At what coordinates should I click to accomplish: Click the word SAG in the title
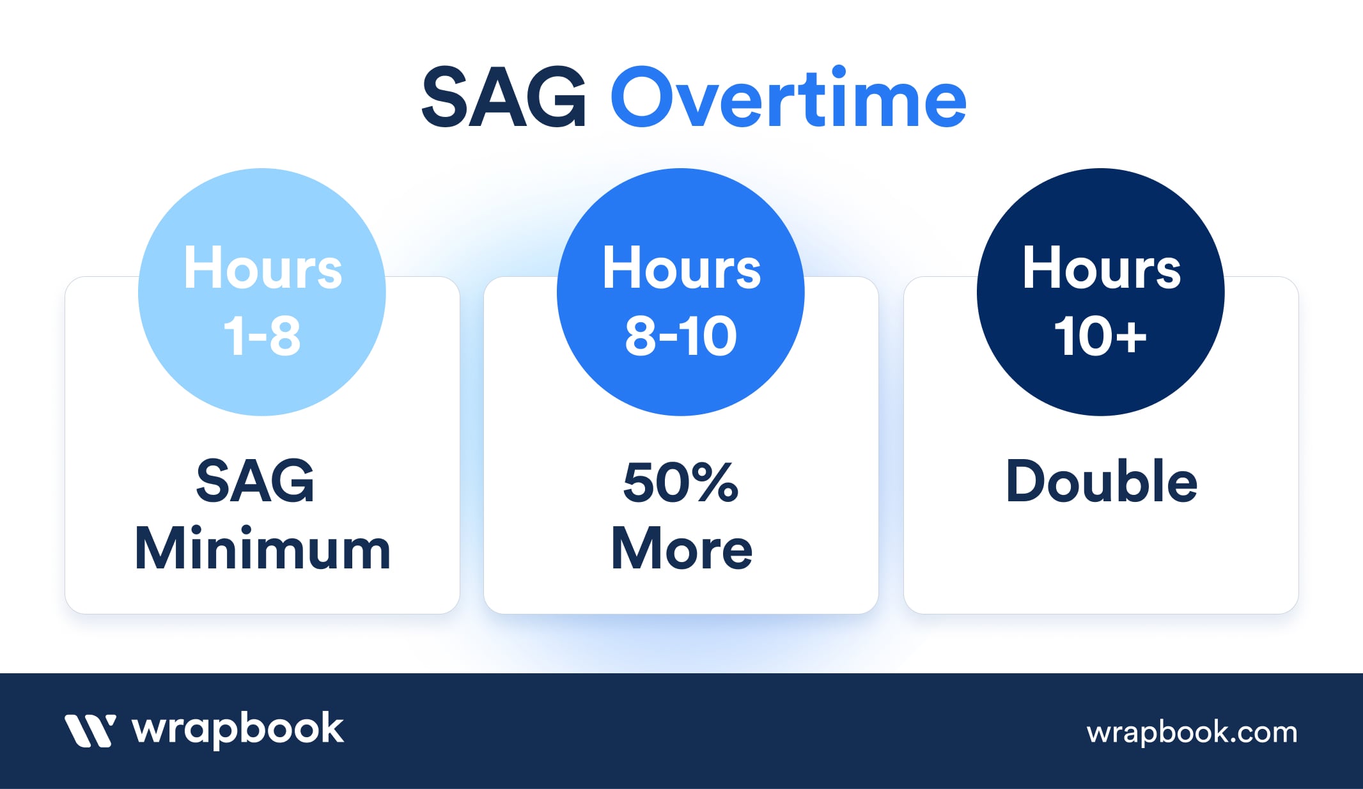[504, 98]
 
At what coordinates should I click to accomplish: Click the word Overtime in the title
[789, 97]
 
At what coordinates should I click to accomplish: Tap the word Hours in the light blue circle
[263, 268]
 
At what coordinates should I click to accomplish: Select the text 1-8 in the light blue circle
[262, 336]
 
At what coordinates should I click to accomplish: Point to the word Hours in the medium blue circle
[681, 268]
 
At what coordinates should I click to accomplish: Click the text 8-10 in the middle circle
[681, 336]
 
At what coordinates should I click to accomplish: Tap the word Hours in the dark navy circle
[1102, 268]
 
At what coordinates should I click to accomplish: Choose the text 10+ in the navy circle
[1100, 336]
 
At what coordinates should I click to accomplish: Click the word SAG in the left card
[255, 481]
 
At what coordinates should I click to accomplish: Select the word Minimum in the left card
[263, 549]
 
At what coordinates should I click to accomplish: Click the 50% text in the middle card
[681, 481]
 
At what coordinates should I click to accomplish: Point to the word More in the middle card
[681, 549]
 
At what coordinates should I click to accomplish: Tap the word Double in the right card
[1102, 481]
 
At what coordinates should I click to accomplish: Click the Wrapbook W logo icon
[90, 731]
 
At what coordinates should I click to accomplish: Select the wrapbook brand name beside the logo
[238, 730]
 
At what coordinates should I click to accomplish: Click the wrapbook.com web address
[1192, 733]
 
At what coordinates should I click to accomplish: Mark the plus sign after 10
[1130, 337]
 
